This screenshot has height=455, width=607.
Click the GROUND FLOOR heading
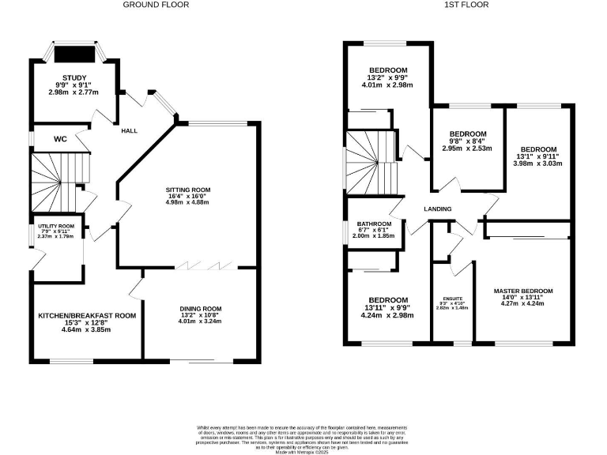156,5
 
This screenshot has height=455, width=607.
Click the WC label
60,139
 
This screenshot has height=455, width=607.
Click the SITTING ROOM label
188,190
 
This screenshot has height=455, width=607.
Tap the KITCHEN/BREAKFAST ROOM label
87,315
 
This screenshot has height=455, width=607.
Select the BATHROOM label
371,224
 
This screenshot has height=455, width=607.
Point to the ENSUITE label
451,299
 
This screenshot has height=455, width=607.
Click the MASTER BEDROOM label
523,291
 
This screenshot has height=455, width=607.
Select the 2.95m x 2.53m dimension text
467,149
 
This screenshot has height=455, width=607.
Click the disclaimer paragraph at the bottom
303,438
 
